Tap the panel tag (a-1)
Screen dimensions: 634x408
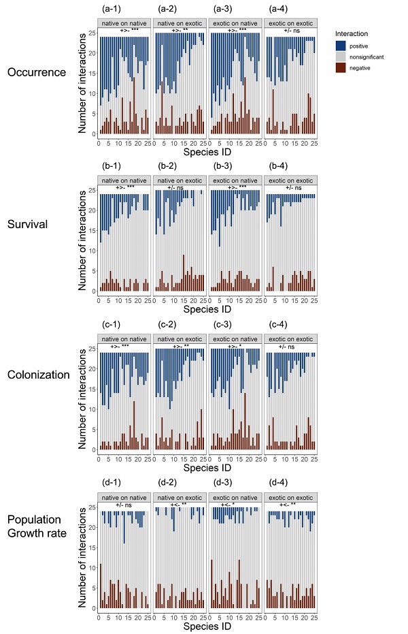[111, 9]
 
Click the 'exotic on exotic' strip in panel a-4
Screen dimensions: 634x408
[290, 24]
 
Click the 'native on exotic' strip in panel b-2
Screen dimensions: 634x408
[179, 180]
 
